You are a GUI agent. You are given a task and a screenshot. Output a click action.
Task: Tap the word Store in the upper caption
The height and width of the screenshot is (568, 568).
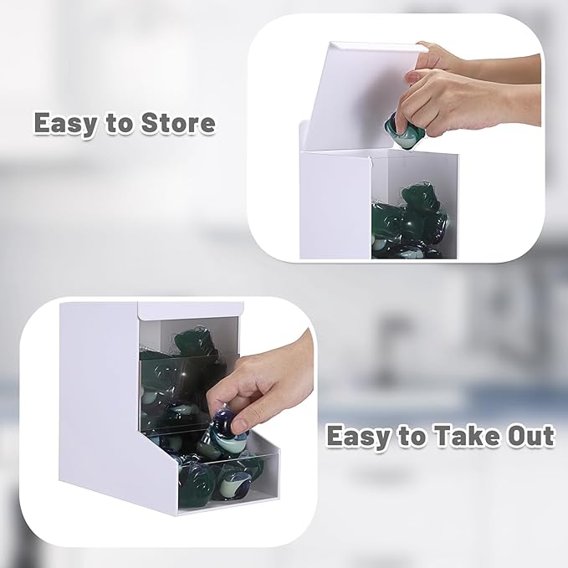coord(178,123)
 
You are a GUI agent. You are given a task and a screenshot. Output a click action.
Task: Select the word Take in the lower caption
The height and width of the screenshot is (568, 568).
coord(464,436)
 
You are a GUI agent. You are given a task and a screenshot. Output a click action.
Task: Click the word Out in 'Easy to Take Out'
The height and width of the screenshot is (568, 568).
coord(530,436)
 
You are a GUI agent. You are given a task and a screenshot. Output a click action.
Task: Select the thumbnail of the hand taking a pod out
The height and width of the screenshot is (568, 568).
coord(169,421)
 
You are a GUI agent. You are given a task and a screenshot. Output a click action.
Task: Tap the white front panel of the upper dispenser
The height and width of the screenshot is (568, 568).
coord(335,206)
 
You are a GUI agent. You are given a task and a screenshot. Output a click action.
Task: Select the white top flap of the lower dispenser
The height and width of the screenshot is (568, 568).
coord(190,310)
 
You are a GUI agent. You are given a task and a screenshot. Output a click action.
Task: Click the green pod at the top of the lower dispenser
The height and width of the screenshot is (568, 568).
coord(192,342)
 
